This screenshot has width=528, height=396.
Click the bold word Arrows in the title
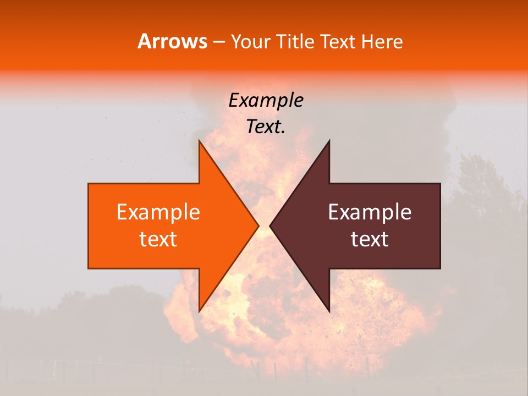point(172,41)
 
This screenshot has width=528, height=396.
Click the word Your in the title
point(251,41)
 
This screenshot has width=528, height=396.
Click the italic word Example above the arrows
point(266,100)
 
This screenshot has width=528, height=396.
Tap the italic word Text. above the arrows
point(266,127)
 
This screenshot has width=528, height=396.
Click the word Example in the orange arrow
point(158,212)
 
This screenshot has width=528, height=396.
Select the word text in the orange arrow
point(158,239)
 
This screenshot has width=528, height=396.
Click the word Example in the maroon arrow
point(370,212)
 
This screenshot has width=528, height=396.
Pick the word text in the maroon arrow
point(370,239)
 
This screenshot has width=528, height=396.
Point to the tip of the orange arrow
point(258,226)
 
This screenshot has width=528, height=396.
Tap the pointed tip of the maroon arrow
point(271,226)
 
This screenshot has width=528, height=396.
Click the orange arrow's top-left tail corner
point(89,184)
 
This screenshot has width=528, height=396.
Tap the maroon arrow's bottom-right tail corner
point(439,268)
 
